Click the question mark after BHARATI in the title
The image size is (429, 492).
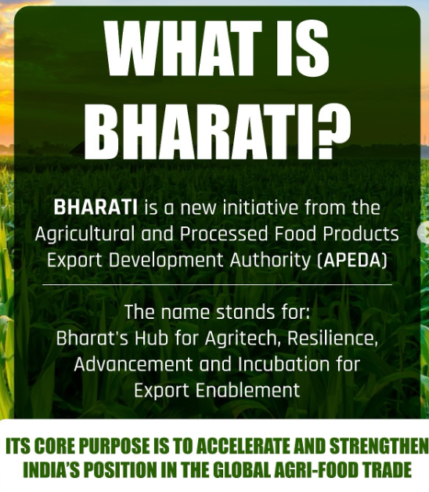click(x=333, y=132)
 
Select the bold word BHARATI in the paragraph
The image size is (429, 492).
click(x=96, y=208)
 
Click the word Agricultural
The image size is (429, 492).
click(x=85, y=234)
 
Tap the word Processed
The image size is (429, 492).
click(x=224, y=233)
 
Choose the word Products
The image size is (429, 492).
click(x=361, y=233)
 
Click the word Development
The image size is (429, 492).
click(x=166, y=261)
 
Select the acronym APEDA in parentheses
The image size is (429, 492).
click(x=352, y=260)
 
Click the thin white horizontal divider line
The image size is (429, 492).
click(x=217, y=285)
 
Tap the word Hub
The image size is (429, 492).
click(x=151, y=338)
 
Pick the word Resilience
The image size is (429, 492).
click(x=333, y=338)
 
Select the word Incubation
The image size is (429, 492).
click(x=283, y=364)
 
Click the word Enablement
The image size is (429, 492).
click(x=247, y=390)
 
